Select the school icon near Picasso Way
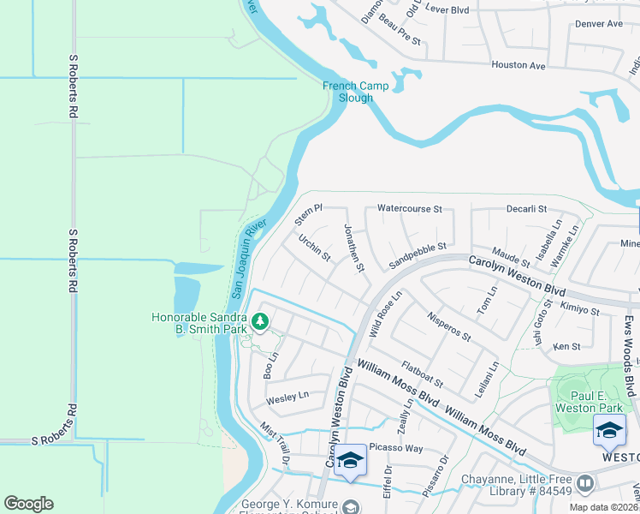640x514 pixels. [349, 460]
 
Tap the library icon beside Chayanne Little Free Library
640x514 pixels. [586, 484]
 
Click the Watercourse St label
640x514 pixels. [409, 208]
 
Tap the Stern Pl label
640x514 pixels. [308, 214]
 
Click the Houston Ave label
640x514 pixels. [518, 65]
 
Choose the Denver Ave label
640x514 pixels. [599, 24]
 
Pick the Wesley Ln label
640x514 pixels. [287, 397]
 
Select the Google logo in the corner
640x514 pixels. [28, 504]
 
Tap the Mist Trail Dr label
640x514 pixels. [276, 444]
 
